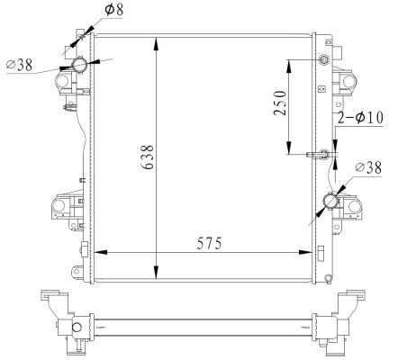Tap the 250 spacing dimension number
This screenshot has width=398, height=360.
(x=280, y=106)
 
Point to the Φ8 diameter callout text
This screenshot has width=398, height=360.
(x=115, y=10)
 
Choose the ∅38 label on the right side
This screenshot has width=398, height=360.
(x=373, y=167)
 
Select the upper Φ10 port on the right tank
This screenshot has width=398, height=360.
(x=325, y=61)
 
